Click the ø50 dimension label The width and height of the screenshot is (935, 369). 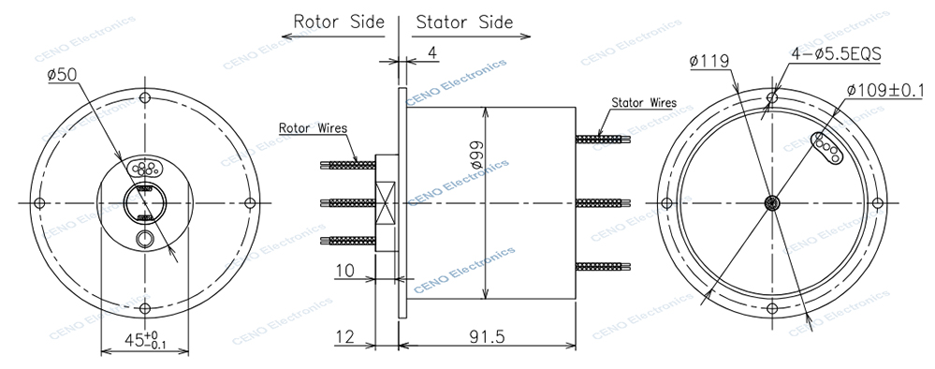point(62,74)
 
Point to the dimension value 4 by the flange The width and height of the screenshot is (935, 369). point(431,52)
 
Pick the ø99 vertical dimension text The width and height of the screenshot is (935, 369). point(475,155)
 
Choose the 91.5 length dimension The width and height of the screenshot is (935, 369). point(484,335)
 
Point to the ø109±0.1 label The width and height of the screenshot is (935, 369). point(884,90)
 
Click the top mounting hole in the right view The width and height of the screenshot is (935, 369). point(772,96)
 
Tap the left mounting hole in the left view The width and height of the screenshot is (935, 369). point(38,203)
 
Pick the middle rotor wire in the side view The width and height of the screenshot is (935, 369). point(347,202)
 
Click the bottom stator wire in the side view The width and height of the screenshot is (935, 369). point(604,265)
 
